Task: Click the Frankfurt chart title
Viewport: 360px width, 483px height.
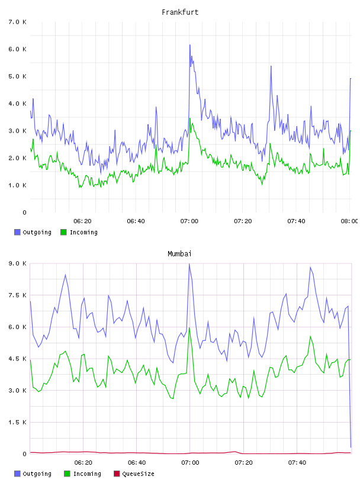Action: coord(180,12)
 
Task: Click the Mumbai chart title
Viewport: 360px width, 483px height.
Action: coord(179,254)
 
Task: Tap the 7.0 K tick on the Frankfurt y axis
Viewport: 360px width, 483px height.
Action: coord(18,22)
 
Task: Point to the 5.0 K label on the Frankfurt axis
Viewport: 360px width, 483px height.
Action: coord(18,76)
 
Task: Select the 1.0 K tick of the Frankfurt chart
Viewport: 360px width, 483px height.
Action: coord(18,185)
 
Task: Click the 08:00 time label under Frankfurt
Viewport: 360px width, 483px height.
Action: coord(349,221)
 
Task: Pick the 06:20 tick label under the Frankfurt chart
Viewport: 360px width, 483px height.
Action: coord(83,221)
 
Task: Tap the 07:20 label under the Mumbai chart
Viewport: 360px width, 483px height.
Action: coord(243,462)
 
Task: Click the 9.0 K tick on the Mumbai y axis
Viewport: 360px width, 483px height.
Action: coord(18,263)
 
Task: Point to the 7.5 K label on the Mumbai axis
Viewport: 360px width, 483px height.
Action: coord(18,295)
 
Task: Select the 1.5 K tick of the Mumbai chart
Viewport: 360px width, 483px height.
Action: coord(18,422)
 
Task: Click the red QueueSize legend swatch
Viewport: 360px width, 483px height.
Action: coord(117,474)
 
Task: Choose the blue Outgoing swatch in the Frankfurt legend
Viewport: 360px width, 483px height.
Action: coord(17,232)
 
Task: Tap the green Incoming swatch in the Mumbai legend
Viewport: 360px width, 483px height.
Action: coord(67,474)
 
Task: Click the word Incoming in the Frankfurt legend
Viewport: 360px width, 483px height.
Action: coord(83,232)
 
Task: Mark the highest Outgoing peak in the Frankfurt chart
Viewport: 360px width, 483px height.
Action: coord(190,45)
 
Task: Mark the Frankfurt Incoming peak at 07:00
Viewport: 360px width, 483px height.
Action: coord(190,118)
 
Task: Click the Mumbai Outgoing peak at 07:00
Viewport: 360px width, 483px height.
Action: coord(189,264)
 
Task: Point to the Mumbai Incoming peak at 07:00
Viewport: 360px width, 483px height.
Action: coord(189,328)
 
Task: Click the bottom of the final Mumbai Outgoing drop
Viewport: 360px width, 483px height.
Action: coord(351,447)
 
